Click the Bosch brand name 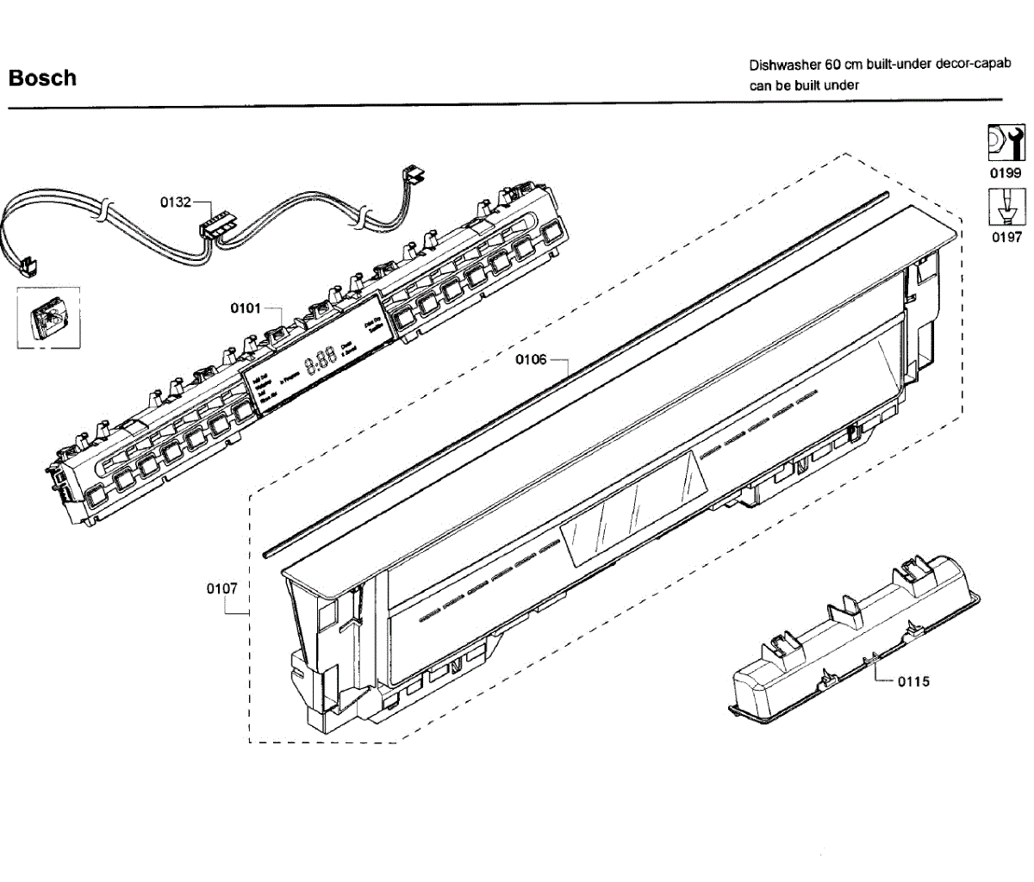(42, 78)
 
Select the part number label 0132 (176, 202)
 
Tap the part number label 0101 (246, 307)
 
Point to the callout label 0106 (531, 359)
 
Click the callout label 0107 (221, 588)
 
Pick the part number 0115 (913, 681)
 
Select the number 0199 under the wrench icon (1006, 173)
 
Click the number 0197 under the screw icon (1006, 237)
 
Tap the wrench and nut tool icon (1006, 143)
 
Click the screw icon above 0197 (1006, 208)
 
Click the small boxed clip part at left (48, 318)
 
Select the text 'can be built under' (804, 85)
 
